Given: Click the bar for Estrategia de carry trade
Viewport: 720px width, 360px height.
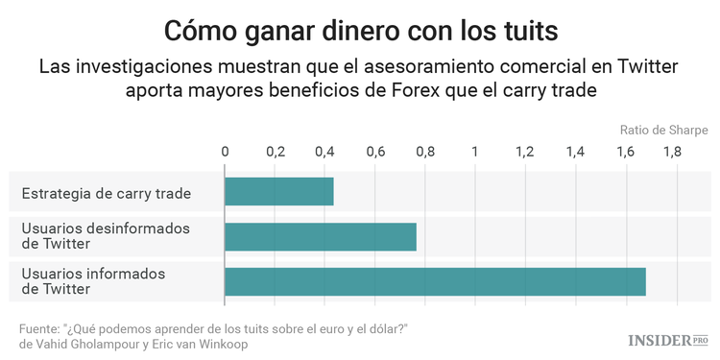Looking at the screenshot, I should point(278,192).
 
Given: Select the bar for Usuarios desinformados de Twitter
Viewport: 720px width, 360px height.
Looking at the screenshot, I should point(321,236).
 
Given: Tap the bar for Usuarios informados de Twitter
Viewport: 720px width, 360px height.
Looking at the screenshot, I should point(435,281).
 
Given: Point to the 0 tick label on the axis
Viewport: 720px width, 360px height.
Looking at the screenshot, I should point(225,152).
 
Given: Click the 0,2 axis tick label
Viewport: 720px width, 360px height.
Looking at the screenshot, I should point(275,152).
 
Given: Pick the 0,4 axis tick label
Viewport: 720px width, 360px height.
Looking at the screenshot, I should point(325,152).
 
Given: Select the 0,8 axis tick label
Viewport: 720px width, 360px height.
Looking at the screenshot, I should point(425,152).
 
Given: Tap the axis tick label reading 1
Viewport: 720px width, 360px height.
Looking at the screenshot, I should point(475,152).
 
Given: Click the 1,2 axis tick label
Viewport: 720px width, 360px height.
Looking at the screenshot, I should point(525,152).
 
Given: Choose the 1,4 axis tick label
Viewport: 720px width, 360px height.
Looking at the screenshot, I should point(576,152).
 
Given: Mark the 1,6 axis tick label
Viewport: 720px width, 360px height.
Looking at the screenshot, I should point(626,152).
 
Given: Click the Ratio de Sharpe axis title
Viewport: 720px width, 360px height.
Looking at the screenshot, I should point(663,130).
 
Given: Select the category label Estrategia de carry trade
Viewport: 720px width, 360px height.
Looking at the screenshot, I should point(106,193).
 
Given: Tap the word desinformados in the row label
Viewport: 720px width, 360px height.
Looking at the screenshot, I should point(143,228).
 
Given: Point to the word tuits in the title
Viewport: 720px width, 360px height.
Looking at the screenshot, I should point(526,30).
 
